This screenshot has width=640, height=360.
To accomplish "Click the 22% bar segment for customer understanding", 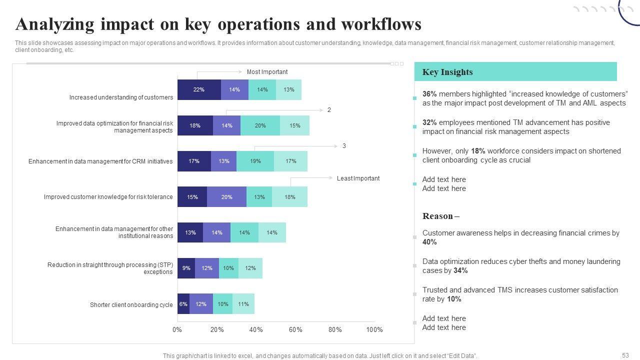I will (x=199, y=90).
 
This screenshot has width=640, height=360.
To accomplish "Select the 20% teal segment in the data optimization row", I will (x=260, y=125).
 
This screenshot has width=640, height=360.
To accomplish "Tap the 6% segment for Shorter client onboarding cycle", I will (x=183, y=304).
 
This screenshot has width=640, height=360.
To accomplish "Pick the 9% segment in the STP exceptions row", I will (x=186, y=268).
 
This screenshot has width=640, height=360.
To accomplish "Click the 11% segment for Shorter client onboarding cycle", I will (x=243, y=304).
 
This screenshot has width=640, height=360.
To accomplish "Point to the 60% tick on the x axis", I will (x=295, y=330).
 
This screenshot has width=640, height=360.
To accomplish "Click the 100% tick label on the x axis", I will (x=374, y=330).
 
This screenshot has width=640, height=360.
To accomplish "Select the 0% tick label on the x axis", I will (x=177, y=330).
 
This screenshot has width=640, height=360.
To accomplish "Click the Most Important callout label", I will (x=267, y=72).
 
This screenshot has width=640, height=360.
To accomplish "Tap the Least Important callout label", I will (x=358, y=178).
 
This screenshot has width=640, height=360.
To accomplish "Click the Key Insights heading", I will (x=447, y=72).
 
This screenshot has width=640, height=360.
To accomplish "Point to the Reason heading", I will (x=438, y=216).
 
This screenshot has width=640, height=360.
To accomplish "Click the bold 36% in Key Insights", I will (x=429, y=94).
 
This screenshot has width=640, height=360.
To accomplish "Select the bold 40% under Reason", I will (x=429, y=242).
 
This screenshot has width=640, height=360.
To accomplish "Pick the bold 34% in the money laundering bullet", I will (x=460, y=270).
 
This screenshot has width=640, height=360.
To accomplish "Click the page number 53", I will (x=625, y=355).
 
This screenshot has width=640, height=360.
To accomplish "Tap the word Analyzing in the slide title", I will (x=54, y=24).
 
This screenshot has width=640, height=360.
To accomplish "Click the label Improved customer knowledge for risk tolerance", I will (x=108, y=197).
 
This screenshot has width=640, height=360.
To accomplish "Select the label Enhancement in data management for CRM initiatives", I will (x=100, y=161).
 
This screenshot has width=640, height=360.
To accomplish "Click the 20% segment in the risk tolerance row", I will (x=226, y=197).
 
